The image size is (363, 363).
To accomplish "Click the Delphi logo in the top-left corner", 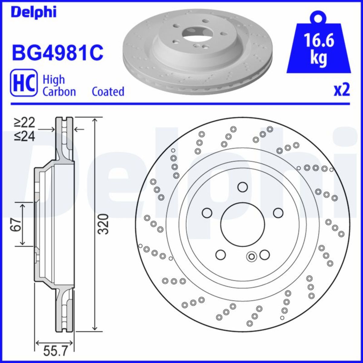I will (x=34, y=12).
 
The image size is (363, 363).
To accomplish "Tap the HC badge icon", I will (x=24, y=83).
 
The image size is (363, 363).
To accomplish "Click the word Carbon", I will (x=59, y=91).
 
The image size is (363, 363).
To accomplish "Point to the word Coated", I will (x=108, y=91).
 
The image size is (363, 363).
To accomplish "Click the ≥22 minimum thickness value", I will (x=25, y=123).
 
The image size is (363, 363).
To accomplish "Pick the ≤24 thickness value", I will (x=25, y=137).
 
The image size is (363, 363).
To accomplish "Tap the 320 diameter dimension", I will (x=103, y=224).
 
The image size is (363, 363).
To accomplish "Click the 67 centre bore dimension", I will (x=17, y=224).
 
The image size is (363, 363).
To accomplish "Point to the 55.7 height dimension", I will (x=54, y=352).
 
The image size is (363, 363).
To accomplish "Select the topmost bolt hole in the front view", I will (x=243, y=187).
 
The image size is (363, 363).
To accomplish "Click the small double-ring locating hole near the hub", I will (x=251, y=257).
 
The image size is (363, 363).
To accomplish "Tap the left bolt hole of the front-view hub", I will (x=207, y=213).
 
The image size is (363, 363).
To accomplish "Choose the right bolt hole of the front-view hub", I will (x=278, y=213).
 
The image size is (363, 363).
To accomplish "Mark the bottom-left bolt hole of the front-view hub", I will (x=221, y=255).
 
